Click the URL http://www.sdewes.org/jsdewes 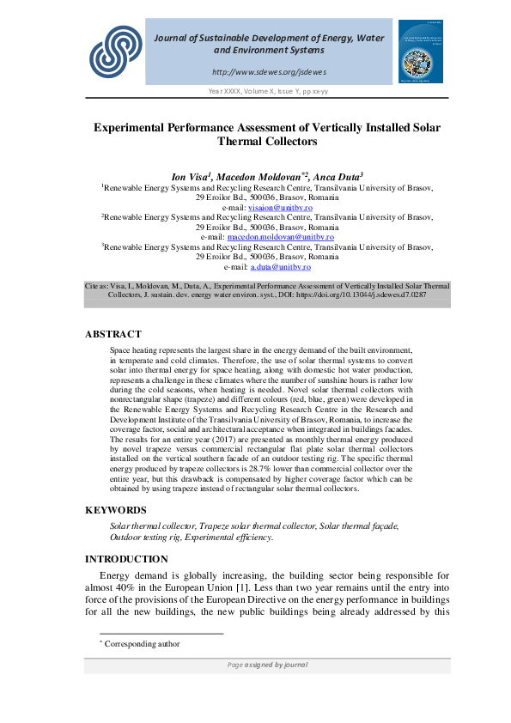268,71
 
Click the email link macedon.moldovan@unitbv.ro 268,236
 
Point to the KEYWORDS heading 116,510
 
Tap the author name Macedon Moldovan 257,174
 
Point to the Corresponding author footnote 142,643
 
